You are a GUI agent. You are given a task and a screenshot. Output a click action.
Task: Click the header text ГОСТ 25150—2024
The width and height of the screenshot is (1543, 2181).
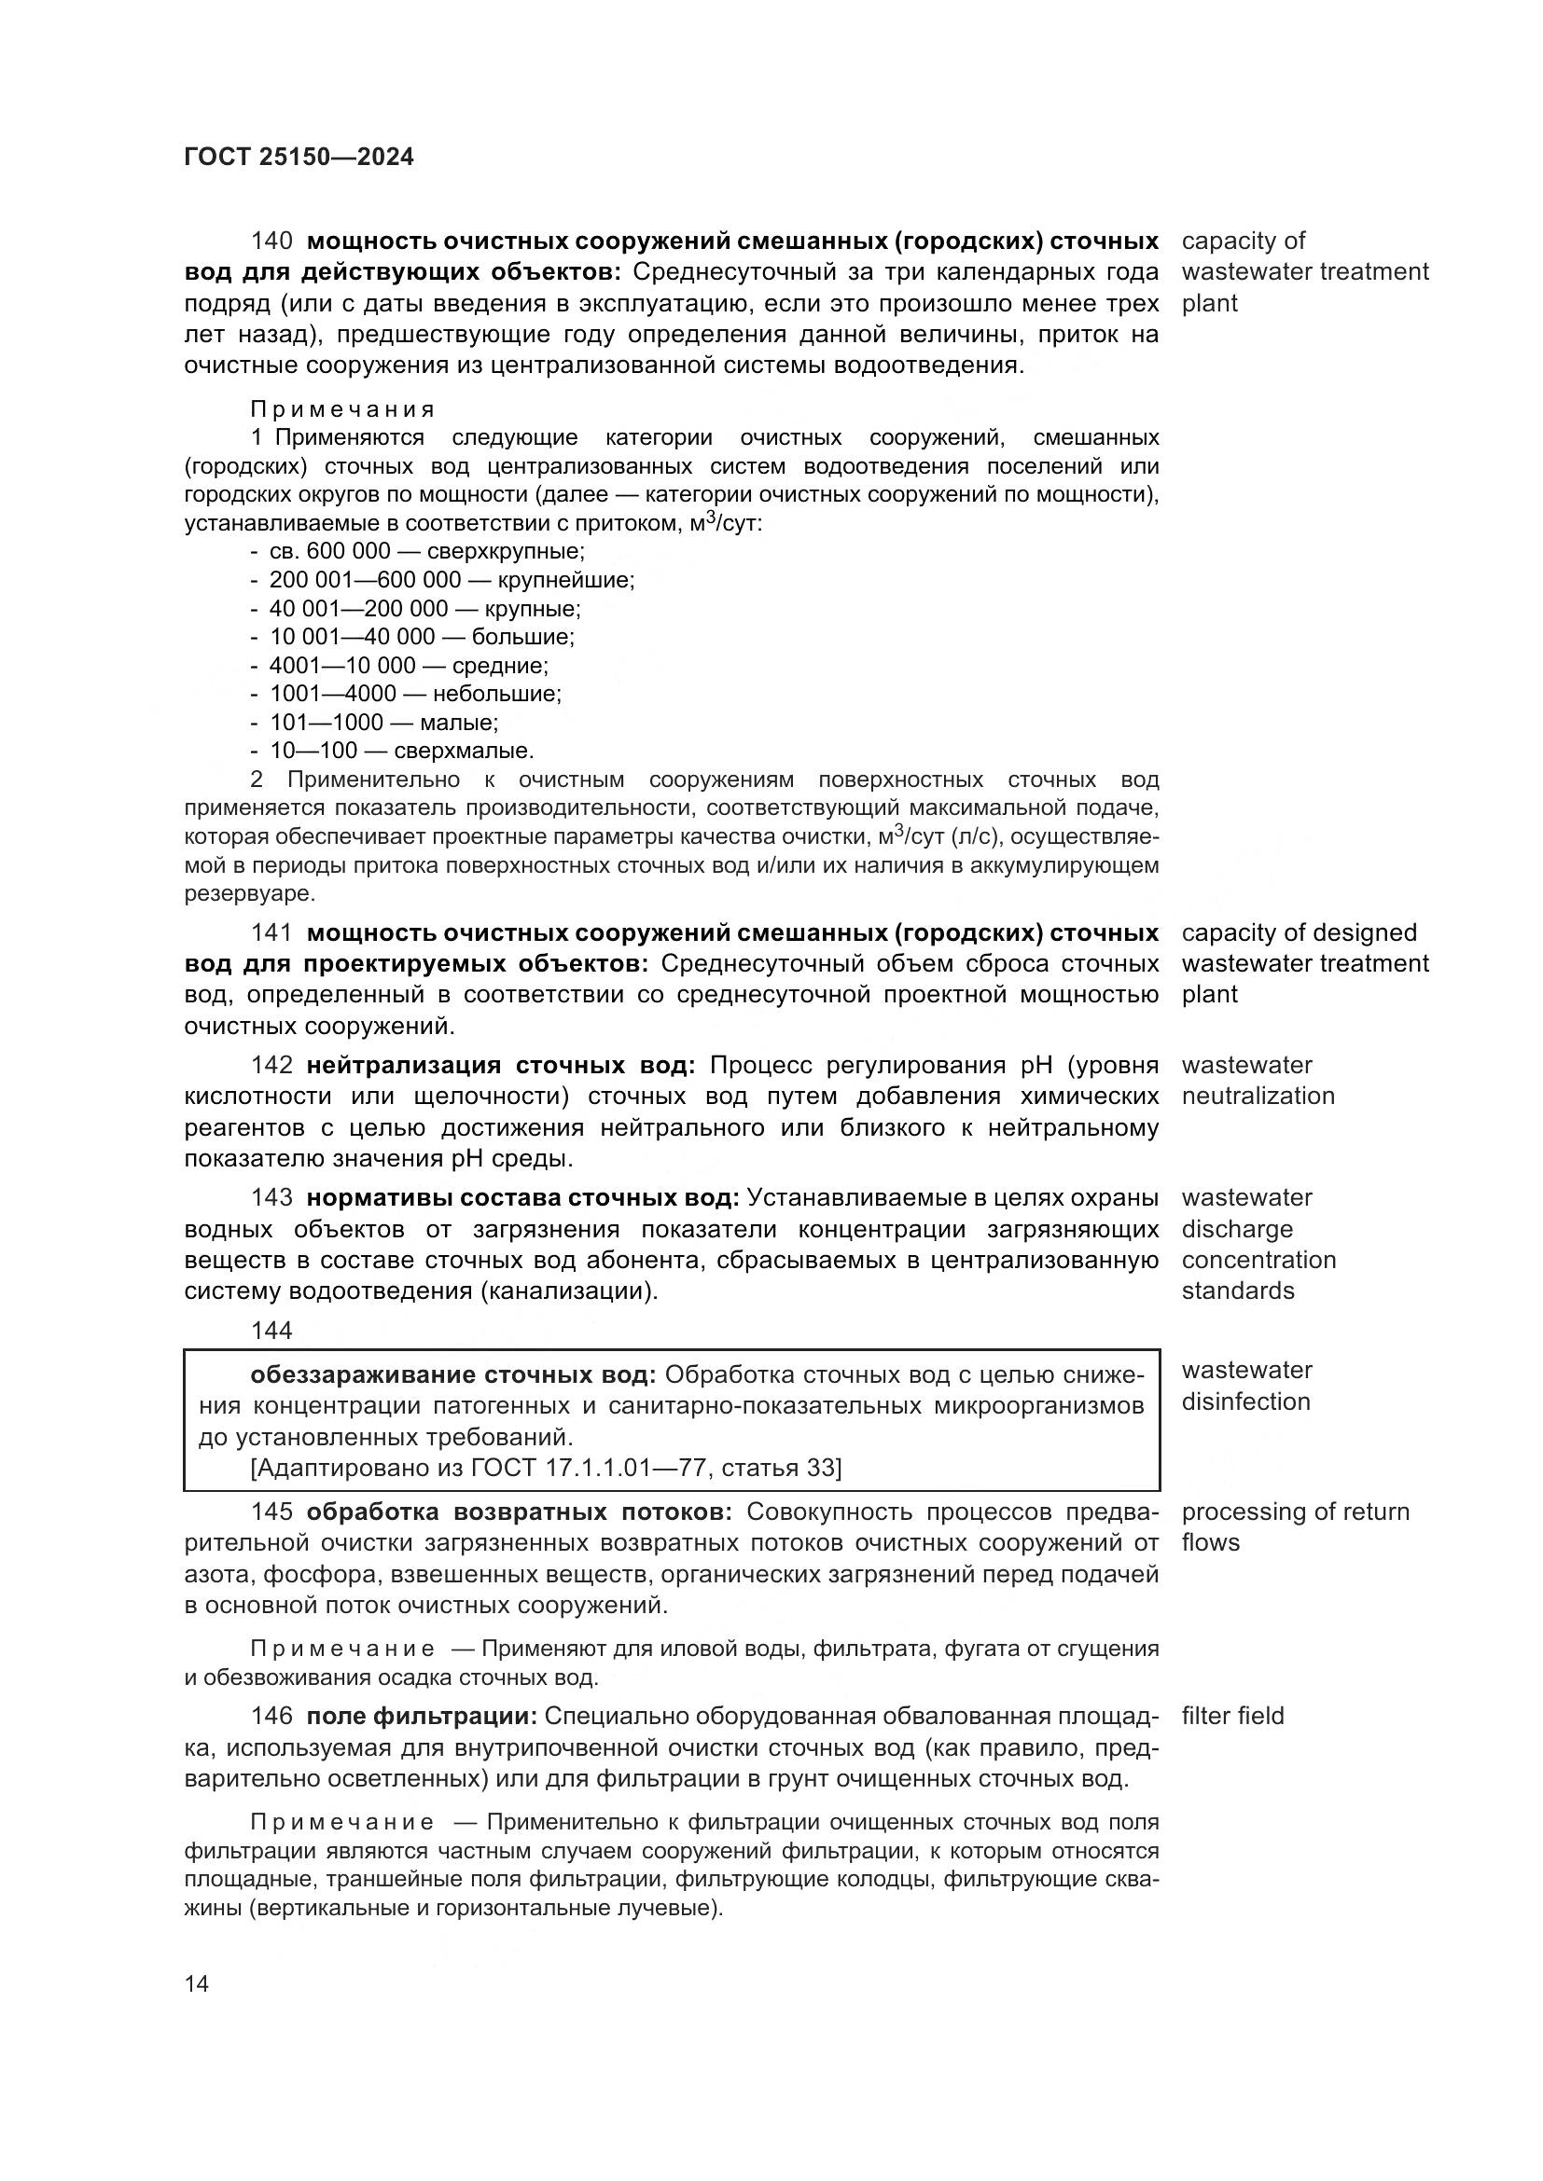coord(299,158)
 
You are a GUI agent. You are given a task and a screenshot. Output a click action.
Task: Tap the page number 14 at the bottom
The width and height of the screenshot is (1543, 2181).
coord(197,1983)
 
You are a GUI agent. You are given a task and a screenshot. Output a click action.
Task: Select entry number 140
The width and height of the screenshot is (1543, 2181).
coord(271,242)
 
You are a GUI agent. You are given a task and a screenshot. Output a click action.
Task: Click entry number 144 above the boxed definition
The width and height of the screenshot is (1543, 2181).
coord(271,1331)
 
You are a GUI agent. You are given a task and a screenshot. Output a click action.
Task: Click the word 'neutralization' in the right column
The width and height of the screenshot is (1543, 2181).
coord(1258,1097)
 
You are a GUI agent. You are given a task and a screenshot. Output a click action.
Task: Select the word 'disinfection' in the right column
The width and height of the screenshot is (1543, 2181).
coord(1245,1401)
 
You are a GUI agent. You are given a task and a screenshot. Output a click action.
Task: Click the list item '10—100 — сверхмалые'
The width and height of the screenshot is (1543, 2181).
coord(401,752)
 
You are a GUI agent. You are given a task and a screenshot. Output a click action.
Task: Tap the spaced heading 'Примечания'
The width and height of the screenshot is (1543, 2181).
coord(342,410)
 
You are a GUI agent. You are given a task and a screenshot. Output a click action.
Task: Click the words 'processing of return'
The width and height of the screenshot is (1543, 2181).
coord(1295,1512)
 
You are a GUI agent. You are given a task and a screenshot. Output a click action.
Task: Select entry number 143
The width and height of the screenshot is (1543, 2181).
coord(271,1198)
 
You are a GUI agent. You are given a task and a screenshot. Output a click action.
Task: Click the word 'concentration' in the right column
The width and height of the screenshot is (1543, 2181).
coord(1258,1261)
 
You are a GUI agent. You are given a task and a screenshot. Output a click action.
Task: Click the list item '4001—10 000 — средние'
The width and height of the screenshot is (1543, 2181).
coord(409,666)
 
